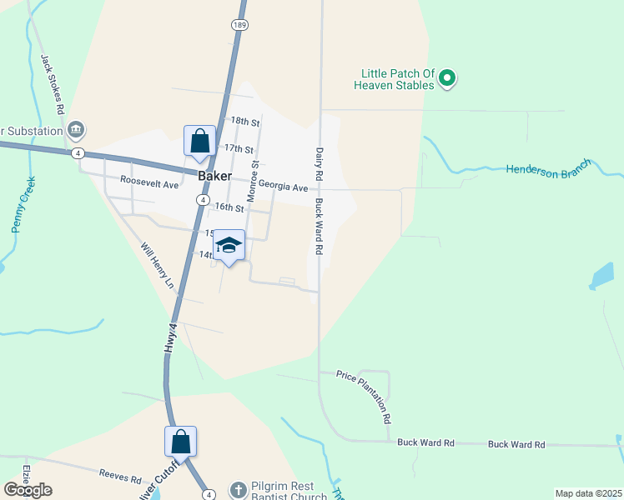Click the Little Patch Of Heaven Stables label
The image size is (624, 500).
pos(394,79)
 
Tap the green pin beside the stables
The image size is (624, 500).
pos(447,79)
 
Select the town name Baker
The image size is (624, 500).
pos(214,176)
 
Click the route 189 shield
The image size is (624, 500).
pos(239,26)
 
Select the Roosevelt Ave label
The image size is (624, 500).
pos(149,181)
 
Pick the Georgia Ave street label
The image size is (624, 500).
pos(283,187)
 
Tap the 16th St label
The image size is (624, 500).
pos(229,207)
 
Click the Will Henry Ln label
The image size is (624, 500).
pos(157,266)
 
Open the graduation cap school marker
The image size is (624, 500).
pos(229,246)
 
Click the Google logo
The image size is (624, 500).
pos(28,490)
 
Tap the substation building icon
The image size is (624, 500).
pos(76,129)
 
